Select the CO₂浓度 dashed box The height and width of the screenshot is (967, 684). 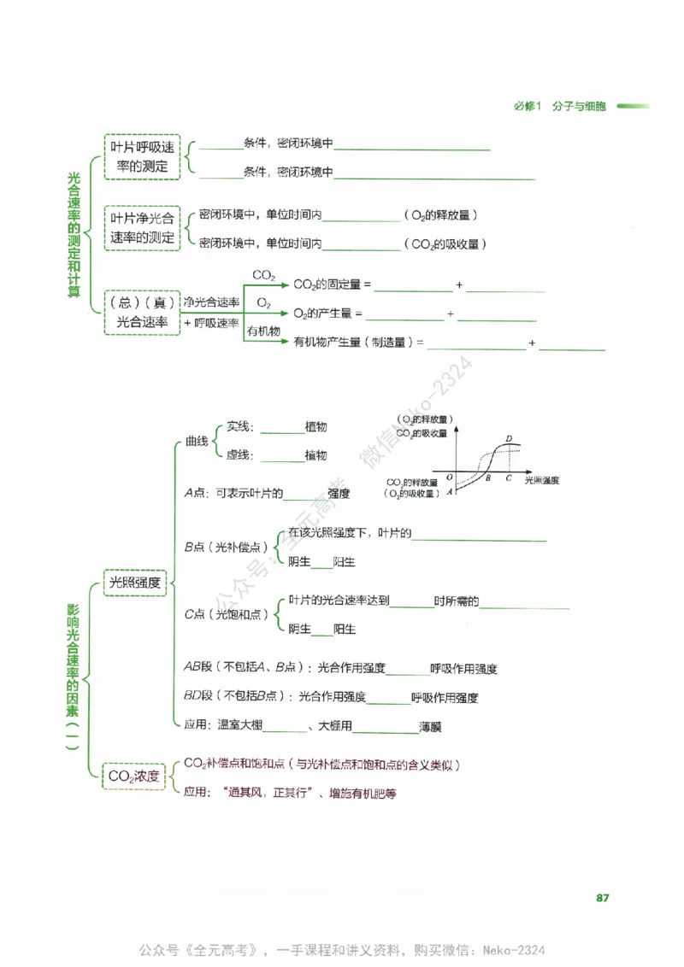pyautogui.click(x=133, y=776)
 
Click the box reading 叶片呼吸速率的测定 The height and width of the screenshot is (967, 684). pyautogui.click(x=143, y=156)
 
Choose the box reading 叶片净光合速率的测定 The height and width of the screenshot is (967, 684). pyautogui.click(x=143, y=228)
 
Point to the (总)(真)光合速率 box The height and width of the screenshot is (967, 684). pyautogui.click(x=142, y=313)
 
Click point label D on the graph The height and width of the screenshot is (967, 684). pyautogui.click(x=509, y=439)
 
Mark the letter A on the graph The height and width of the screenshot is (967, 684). pyautogui.click(x=450, y=490)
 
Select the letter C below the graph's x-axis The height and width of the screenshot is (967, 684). pyautogui.click(x=509, y=478)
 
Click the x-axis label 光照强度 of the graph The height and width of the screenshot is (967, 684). pyautogui.click(x=541, y=481)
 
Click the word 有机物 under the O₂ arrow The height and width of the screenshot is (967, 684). pyautogui.click(x=263, y=331)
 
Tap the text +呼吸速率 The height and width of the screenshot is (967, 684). pyautogui.click(x=211, y=322)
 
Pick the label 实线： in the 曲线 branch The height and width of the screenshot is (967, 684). pyautogui.click(x=243, y=427)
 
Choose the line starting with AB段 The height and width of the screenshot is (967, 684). pyautogui.click(x=340, y=668)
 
